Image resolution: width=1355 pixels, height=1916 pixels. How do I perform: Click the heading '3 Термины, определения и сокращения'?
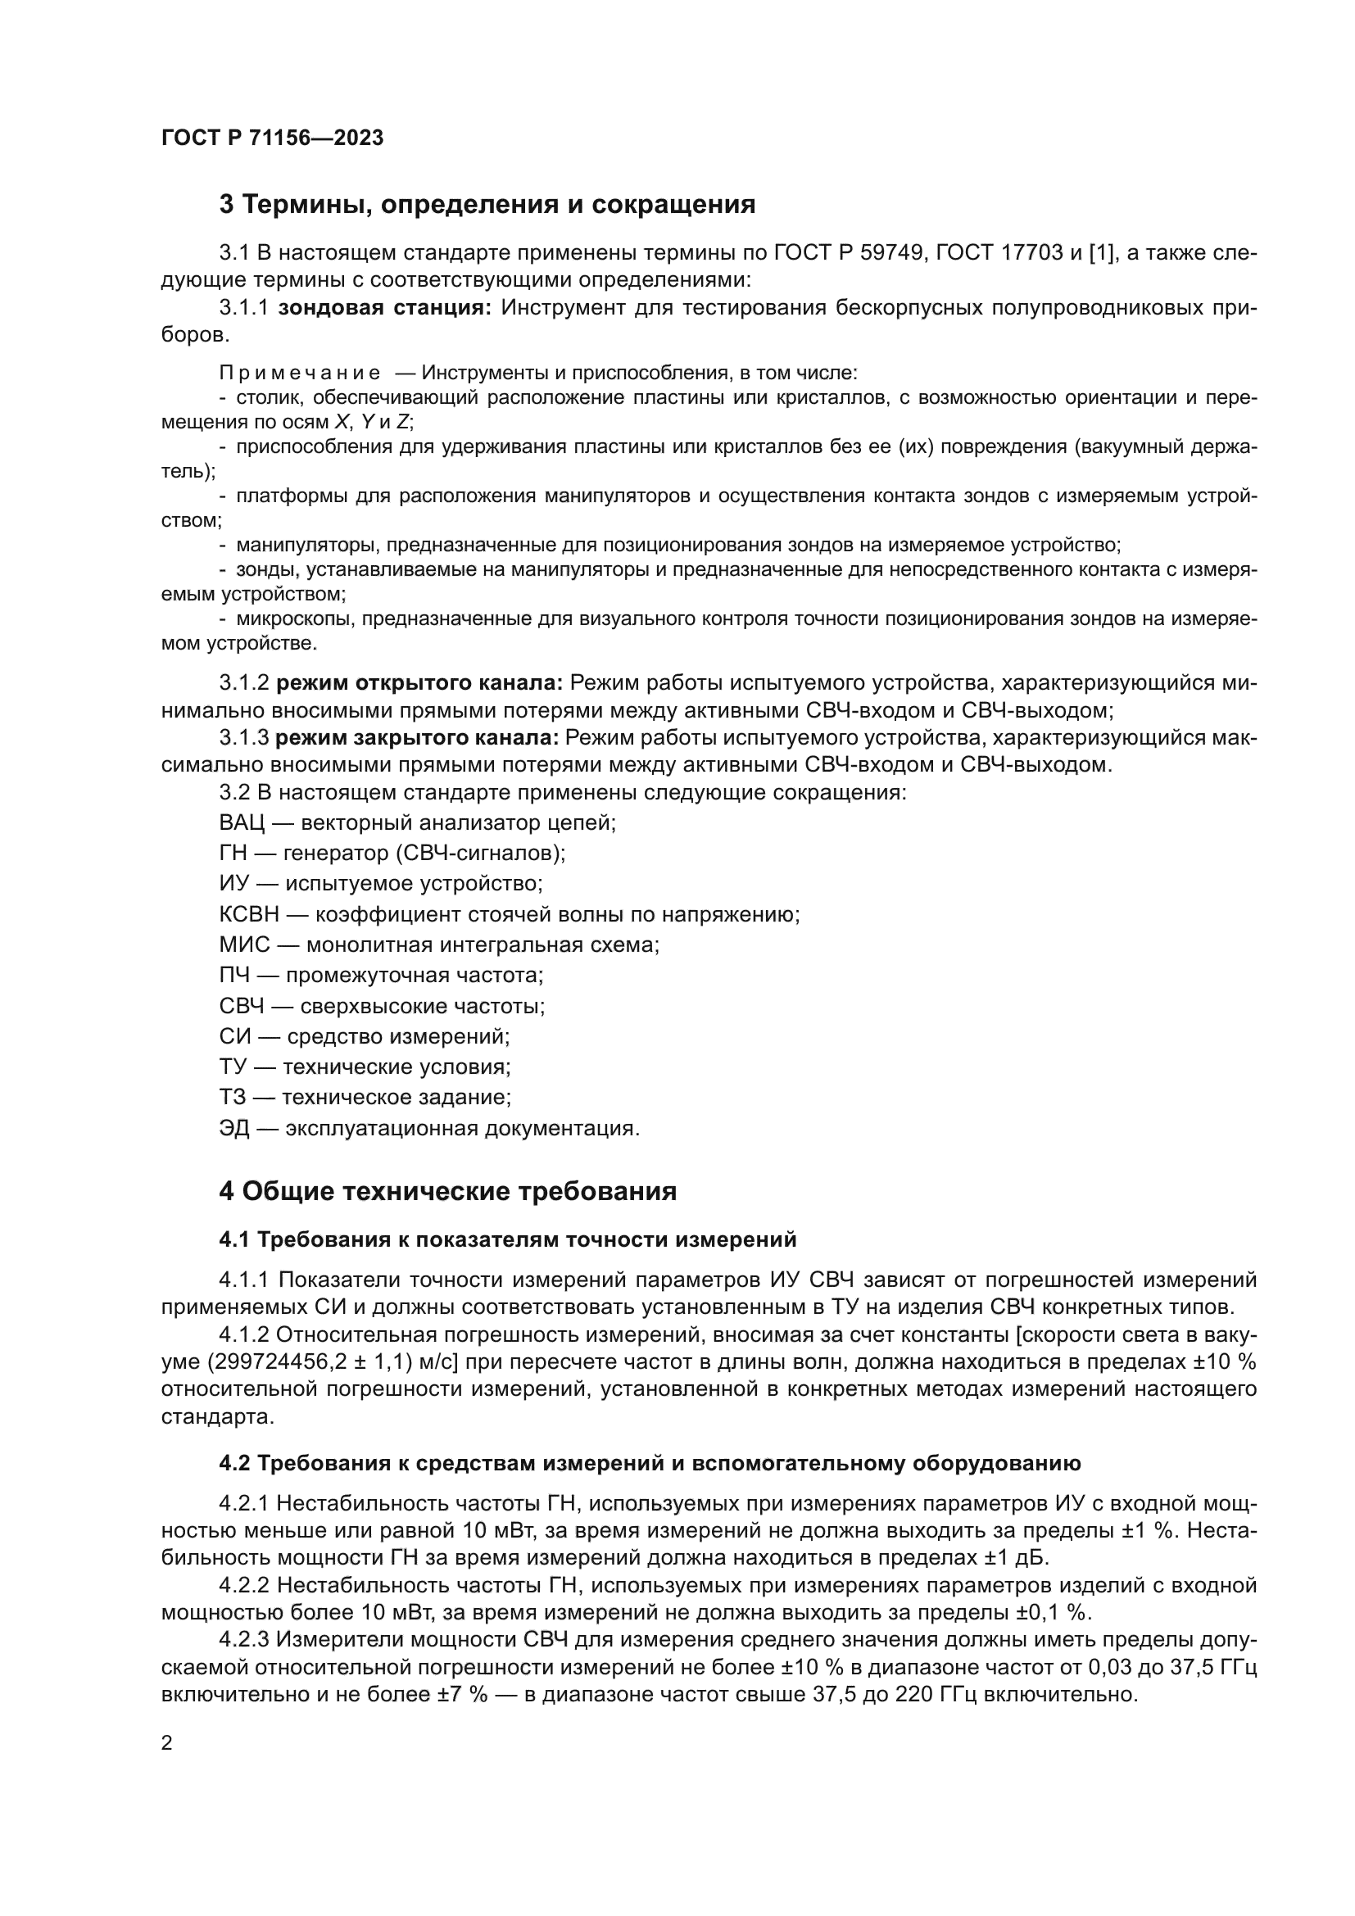pyautogui.click(x=487, y=205)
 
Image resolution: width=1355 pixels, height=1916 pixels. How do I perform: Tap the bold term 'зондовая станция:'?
pyautogui.click(x=385, y=308)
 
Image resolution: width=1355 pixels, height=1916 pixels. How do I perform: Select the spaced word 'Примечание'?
pyautogui.click(x=300, y=373)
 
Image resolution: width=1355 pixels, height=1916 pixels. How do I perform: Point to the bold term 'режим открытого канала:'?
pyautogui.click(x=419, y=682)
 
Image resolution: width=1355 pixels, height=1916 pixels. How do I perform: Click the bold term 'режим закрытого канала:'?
pyautogui.click(x=417, y=738)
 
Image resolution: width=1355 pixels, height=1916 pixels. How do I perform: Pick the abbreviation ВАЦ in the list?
pyautogui.click(x=241, y=822)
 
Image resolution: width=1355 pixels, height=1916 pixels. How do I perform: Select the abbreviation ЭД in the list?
pyautogui.click(x=233, y=1128)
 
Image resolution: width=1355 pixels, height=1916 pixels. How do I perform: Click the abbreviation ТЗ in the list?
pyautogui.click(x=233, y=1098)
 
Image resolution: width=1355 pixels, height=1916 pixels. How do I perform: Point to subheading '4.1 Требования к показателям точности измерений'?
pyautogui.click(x=507, y=1240)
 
